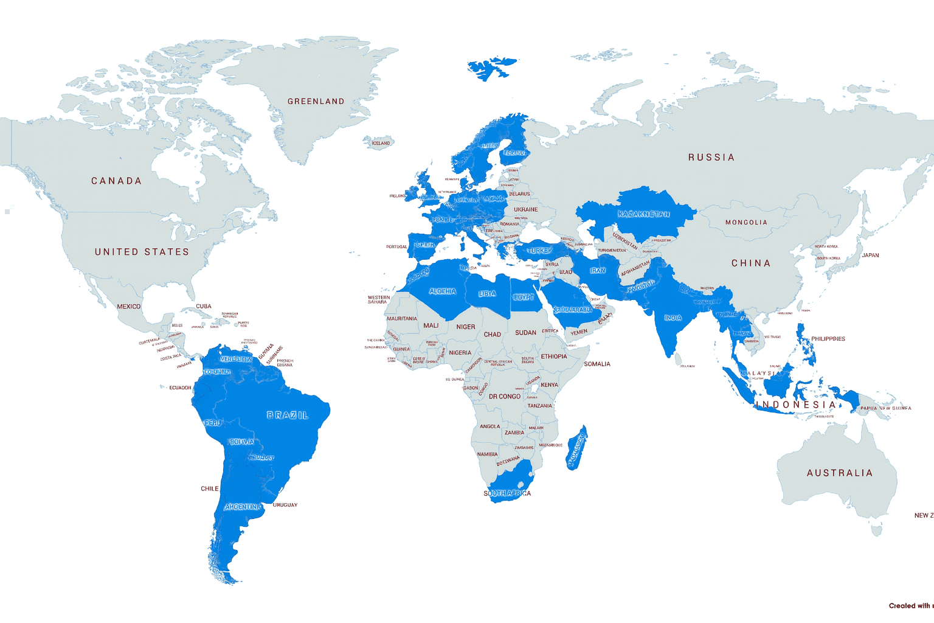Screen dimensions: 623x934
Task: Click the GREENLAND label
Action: tap(316, 102)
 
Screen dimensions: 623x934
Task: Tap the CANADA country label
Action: tap(116, 181)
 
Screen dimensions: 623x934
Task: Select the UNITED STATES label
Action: tap(142, 252)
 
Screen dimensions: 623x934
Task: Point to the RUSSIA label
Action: tap(711, 158)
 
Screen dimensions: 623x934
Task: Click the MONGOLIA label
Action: tap(746, 223)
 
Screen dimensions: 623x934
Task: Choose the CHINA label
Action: tap(751, 263)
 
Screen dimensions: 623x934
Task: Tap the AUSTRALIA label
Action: tap(840, 473)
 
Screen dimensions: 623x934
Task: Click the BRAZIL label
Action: tap(288, 416)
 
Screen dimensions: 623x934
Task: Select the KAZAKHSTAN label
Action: tap(643, 214)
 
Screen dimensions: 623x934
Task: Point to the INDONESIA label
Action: tap(795, 405)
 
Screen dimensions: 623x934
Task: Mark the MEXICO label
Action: tap(128, 307)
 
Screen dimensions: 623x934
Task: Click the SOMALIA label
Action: tap(597, 364)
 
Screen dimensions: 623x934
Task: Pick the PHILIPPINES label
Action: tap(828, 339)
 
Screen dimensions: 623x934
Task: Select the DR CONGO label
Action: tap(505, 397)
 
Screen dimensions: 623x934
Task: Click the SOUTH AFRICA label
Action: tap(507, 493)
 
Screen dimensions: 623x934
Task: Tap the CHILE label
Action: tap(209, 489)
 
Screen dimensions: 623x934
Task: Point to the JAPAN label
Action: tap(870, 256)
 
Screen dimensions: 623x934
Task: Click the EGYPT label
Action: tap(524, 298)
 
